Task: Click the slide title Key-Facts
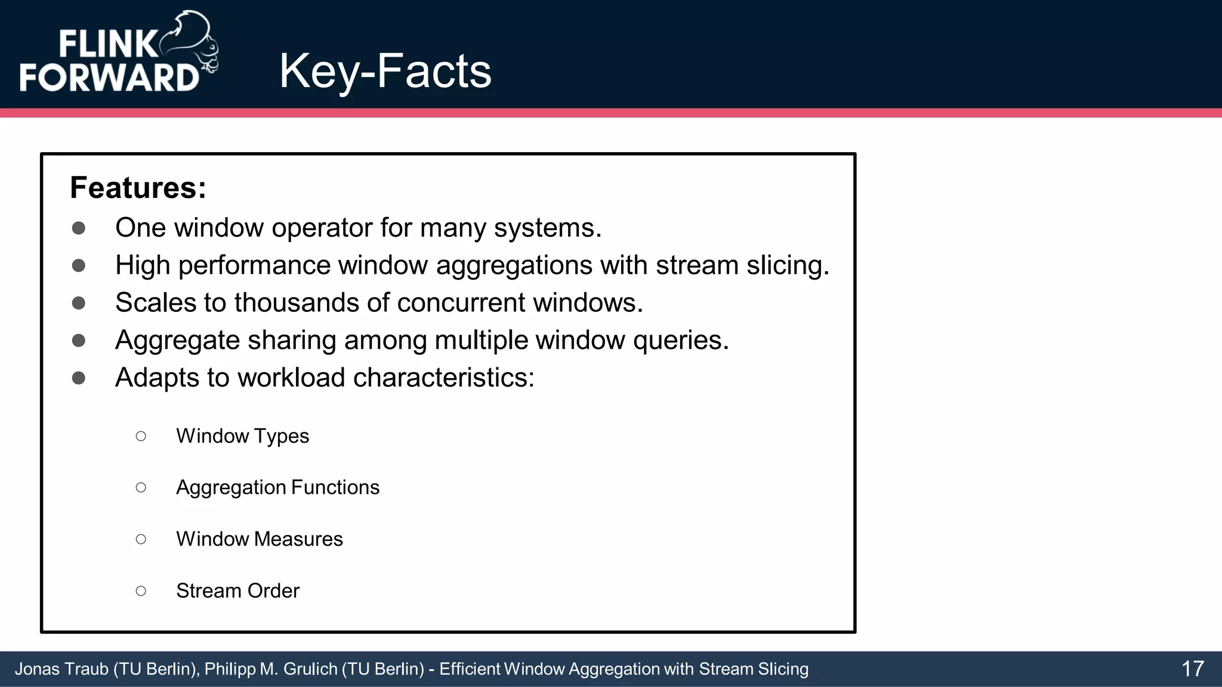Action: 385,71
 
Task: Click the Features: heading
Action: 138,188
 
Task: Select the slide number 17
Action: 1192,669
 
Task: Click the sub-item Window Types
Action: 242,436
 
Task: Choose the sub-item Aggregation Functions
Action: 277,487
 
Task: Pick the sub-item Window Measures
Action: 259,539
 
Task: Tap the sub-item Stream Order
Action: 237,590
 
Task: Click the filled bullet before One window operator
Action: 78,228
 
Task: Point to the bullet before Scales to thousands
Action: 78,303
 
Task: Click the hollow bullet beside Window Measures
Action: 141,539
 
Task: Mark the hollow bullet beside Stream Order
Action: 141,591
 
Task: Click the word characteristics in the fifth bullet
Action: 444,378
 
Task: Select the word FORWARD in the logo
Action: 109,77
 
